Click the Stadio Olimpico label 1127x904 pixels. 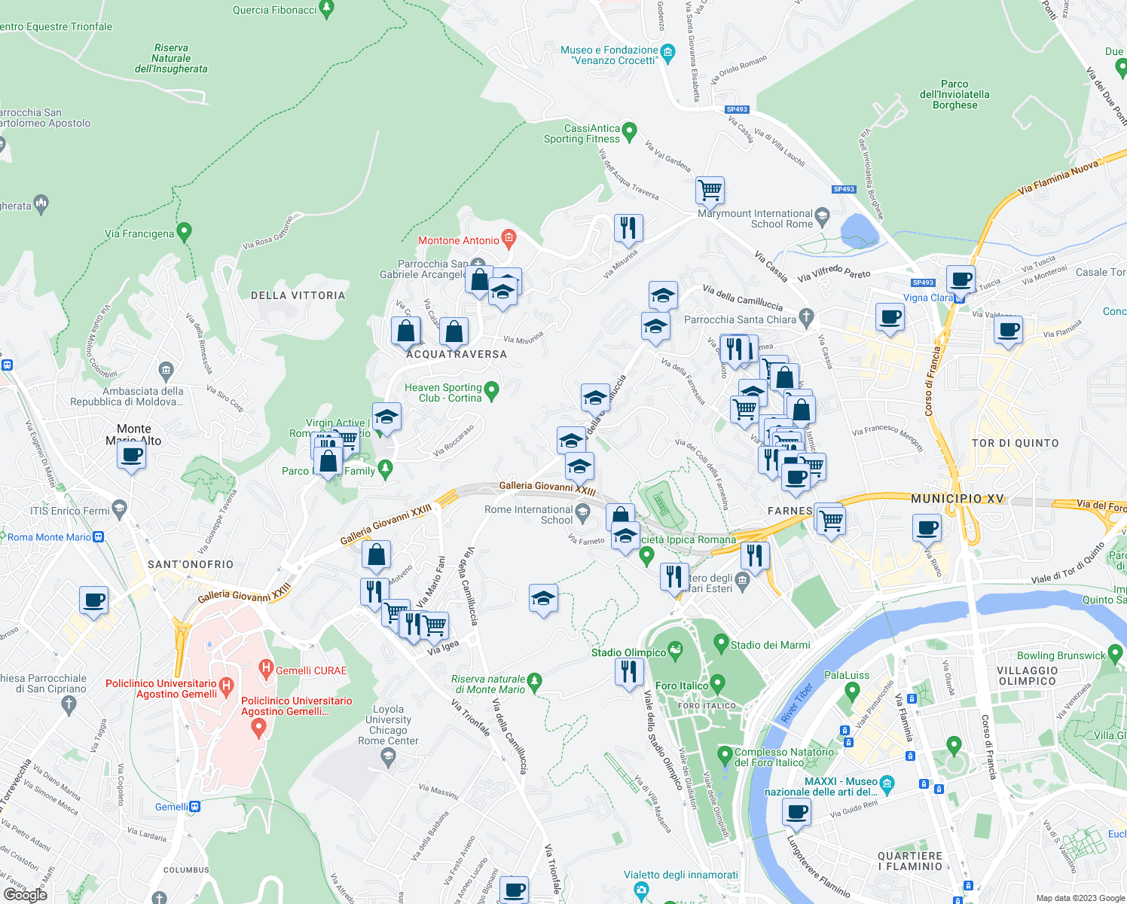point(628,652)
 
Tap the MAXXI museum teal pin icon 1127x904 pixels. point(887,783)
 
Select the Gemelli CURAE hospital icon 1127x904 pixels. point(265,667)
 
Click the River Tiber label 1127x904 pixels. point(797,704)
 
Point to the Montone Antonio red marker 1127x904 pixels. point(509,239)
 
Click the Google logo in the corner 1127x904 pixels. point(25,894)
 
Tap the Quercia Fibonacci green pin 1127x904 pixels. point(326,8)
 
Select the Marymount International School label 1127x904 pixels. point(755,218)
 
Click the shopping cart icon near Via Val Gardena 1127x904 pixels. point(710,189)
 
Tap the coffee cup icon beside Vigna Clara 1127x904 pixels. point(961,278)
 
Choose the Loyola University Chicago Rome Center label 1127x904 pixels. point(388,725)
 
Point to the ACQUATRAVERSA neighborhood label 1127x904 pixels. point(457,354)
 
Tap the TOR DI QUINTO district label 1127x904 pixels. point(1015,443)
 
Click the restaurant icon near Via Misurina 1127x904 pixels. point(628,227)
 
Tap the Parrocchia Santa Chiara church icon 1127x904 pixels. point(807,316)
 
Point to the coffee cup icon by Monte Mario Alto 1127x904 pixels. point(132,455)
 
